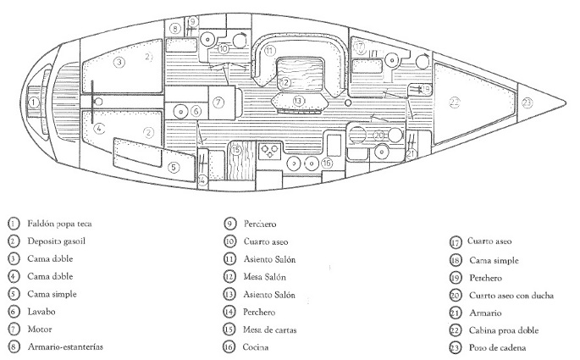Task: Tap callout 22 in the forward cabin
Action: (456, 102)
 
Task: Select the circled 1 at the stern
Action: (34, 102)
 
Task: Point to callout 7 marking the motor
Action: (218, 102)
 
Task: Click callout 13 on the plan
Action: (298, 101)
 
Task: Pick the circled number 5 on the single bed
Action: (174, 167)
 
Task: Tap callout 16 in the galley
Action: (327, 163)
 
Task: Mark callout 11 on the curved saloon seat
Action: (268, 52)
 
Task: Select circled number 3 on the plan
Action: (120, 62)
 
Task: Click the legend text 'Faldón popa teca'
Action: (59, 224)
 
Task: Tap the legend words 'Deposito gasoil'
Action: (56, 242)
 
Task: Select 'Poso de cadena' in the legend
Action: (497, 348)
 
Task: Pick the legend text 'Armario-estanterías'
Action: (66, 347)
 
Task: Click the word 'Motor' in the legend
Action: (38, 330)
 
